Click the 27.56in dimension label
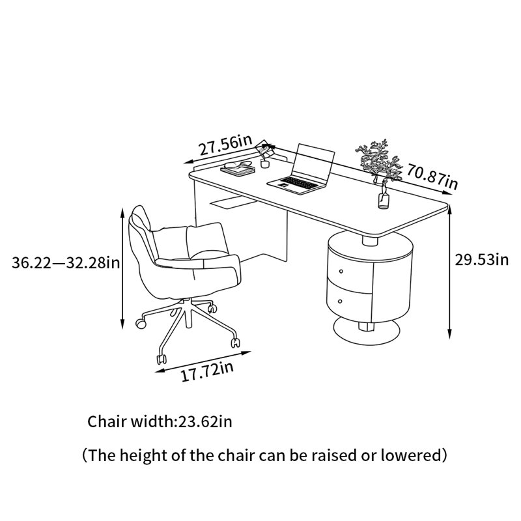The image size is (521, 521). [x=225, y=145]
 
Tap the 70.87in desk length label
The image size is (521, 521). [x=432, y=176]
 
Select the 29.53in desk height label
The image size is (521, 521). [x=481, y=260]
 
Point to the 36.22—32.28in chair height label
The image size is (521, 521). [x=66, y=263]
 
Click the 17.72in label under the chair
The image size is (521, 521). [x=207, y=372]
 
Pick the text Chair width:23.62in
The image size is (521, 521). [x=160, y=421]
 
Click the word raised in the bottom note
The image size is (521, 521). [x=334, y=455]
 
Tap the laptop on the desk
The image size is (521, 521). [x=301, y=169]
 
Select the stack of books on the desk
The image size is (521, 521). [x=238, y=167]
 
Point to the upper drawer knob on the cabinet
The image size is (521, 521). [x=341, y=272]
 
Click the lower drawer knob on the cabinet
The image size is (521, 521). [x=340, y=302]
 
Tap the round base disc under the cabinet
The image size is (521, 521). [x=367, y=331]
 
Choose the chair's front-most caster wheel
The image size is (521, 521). [x=162, y=359]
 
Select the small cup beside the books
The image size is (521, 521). [x=265, y=163]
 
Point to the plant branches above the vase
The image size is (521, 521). [x=378, y=160]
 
